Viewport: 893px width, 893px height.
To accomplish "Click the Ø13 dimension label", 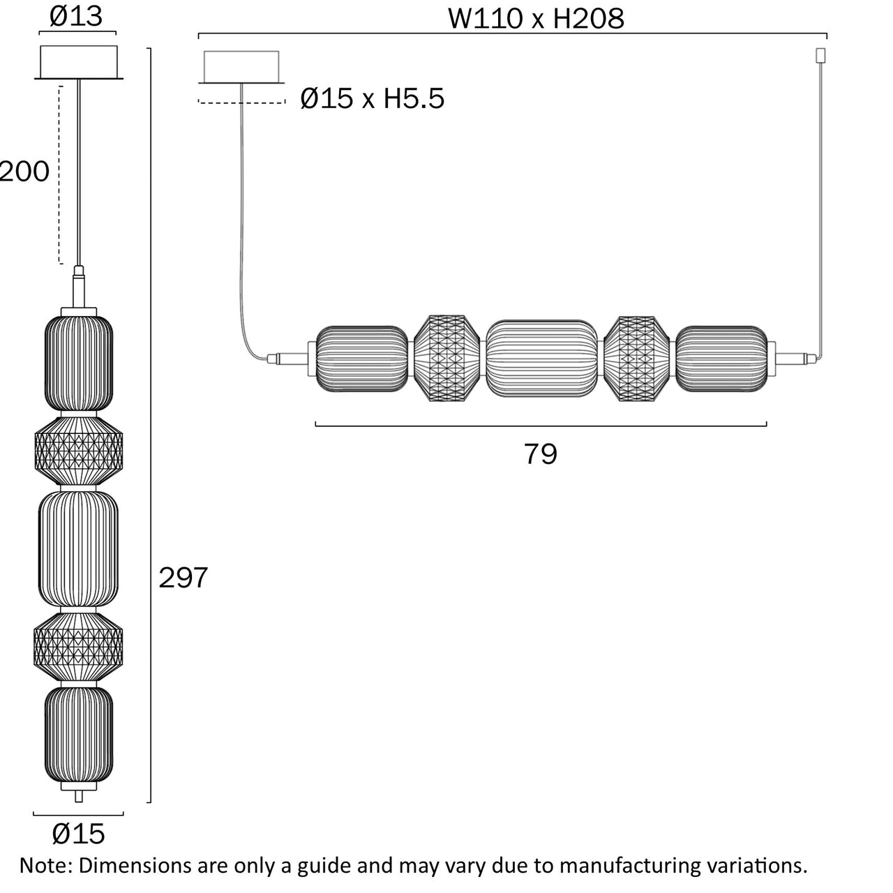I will click(77, 17).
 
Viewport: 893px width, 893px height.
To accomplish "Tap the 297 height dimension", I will click(183, 578).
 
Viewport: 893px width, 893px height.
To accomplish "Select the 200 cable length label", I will click(25, 172).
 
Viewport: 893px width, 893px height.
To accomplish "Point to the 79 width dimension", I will click(541, 454).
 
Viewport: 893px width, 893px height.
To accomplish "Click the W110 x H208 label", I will click(535, 19).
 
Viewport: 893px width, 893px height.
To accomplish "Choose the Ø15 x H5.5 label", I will click(372, 99).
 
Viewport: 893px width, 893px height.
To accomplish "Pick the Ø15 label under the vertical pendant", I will click(78, 833).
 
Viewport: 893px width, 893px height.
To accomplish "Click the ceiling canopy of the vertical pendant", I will click(79, 62).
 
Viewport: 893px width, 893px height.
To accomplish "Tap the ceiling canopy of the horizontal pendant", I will click(241, 67).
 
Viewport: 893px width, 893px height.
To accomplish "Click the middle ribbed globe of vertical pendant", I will click(78, 549).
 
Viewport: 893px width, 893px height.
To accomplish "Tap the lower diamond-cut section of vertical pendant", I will click(78, 646).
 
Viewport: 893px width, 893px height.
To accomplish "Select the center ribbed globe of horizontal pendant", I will click(541, 359).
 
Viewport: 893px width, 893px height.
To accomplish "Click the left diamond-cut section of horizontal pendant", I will click(446, 359).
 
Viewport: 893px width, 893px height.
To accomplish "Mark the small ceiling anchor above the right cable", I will click(820, 54).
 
